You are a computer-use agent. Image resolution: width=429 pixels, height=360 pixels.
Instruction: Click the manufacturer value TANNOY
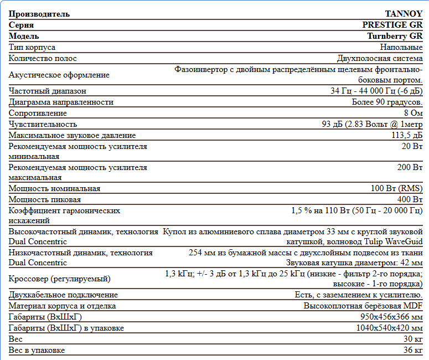coord(404,14)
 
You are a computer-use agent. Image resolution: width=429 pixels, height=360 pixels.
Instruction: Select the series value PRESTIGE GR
coord(392,25)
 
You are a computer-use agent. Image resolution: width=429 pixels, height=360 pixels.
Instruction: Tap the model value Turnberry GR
coord(395,36)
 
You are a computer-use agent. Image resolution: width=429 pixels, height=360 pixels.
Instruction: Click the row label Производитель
coord(39,14)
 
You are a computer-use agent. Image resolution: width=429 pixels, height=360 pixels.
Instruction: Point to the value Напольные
coord(401,47)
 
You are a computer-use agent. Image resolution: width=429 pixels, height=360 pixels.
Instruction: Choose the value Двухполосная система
coord(380,58)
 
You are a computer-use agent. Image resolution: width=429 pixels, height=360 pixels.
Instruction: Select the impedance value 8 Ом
coord(413,113)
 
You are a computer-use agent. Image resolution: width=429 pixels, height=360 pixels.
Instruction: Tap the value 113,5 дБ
coord(407,135)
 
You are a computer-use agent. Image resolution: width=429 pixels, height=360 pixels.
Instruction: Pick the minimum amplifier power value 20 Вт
coord(412,146)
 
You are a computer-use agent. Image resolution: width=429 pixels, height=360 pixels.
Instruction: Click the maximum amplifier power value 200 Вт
coord(410,167)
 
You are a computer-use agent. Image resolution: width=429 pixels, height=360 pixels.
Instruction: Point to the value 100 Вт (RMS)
coord(396,188)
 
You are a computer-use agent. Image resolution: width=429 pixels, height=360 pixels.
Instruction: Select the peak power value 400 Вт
coord(410,199)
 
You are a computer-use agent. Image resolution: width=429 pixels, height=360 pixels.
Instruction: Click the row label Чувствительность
coord(43,124)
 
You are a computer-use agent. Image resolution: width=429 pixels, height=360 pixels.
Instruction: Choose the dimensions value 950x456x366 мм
coord(391,317)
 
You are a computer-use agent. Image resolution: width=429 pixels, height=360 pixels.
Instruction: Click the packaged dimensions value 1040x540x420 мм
coord(389,328)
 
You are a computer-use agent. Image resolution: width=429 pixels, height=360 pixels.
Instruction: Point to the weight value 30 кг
coord(413,340)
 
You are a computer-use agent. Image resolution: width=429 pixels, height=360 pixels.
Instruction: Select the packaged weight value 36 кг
coord(413,351)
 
